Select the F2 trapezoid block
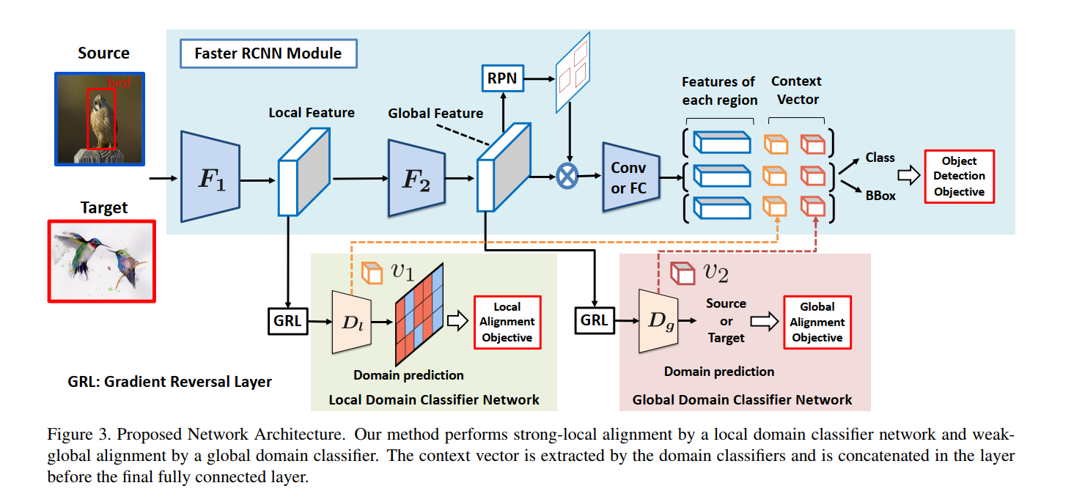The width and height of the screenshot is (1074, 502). coord(416,178)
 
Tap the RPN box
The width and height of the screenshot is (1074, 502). coord(503,78)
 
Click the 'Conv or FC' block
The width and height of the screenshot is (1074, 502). coord(628,178)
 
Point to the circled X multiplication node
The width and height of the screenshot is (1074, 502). coord(567,177)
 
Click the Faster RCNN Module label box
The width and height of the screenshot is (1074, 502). coord(268,53)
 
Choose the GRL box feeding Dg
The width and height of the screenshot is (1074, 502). coord(593,320)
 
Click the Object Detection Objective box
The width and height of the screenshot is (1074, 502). coord(959,177)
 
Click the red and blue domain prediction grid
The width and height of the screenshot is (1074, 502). coord(420,322)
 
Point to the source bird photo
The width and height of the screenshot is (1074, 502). coord(100,118)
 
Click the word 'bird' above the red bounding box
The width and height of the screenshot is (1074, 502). coord(118,84)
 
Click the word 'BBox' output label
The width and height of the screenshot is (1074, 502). coord(880,196)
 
